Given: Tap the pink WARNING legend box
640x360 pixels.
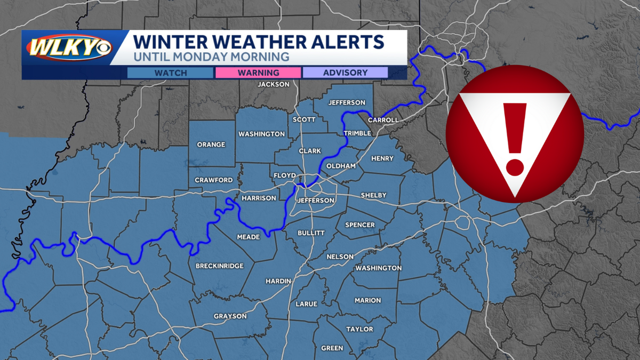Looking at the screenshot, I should click(x=258, y=73).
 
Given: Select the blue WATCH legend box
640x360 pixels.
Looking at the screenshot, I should click(x=171, y=73).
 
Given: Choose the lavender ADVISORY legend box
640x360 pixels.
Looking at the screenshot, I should click(x=345, y=73).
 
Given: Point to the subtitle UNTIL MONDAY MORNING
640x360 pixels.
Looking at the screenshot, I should click(x=211, y=56).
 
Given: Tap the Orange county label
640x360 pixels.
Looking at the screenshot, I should click(x=211, y=145).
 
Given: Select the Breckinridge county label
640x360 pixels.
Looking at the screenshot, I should click(x=220, y=266).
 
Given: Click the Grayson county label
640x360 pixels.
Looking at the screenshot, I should click(x=230, y=316).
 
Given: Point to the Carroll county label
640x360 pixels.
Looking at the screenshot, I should click(x=383, y=120).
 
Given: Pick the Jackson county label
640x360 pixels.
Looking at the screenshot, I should click(x=274, y=84).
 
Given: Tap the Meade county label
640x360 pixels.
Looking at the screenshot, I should click(x=249, y=237).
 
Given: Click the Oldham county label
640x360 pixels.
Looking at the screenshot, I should click(x=341, y=166).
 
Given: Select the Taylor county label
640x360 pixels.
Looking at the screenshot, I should click(x=359, y=329).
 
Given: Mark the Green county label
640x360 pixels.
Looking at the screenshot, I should click(x=332, y=348).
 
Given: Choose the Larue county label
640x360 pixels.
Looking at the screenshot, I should click(x=307, y=304).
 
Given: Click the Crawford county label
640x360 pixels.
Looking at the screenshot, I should click(x=213, y=180).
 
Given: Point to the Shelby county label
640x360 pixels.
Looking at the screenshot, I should click(x=373, y=195).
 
